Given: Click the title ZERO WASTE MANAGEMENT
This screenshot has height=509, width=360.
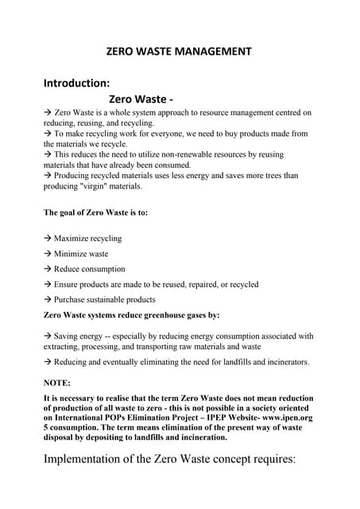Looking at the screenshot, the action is coord(179,52).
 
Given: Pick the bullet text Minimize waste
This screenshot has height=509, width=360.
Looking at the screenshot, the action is coord(81,254).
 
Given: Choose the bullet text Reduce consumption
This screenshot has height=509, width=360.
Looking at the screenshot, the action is coord(89,269).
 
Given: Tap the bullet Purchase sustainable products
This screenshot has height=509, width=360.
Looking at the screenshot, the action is coord(104,300).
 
